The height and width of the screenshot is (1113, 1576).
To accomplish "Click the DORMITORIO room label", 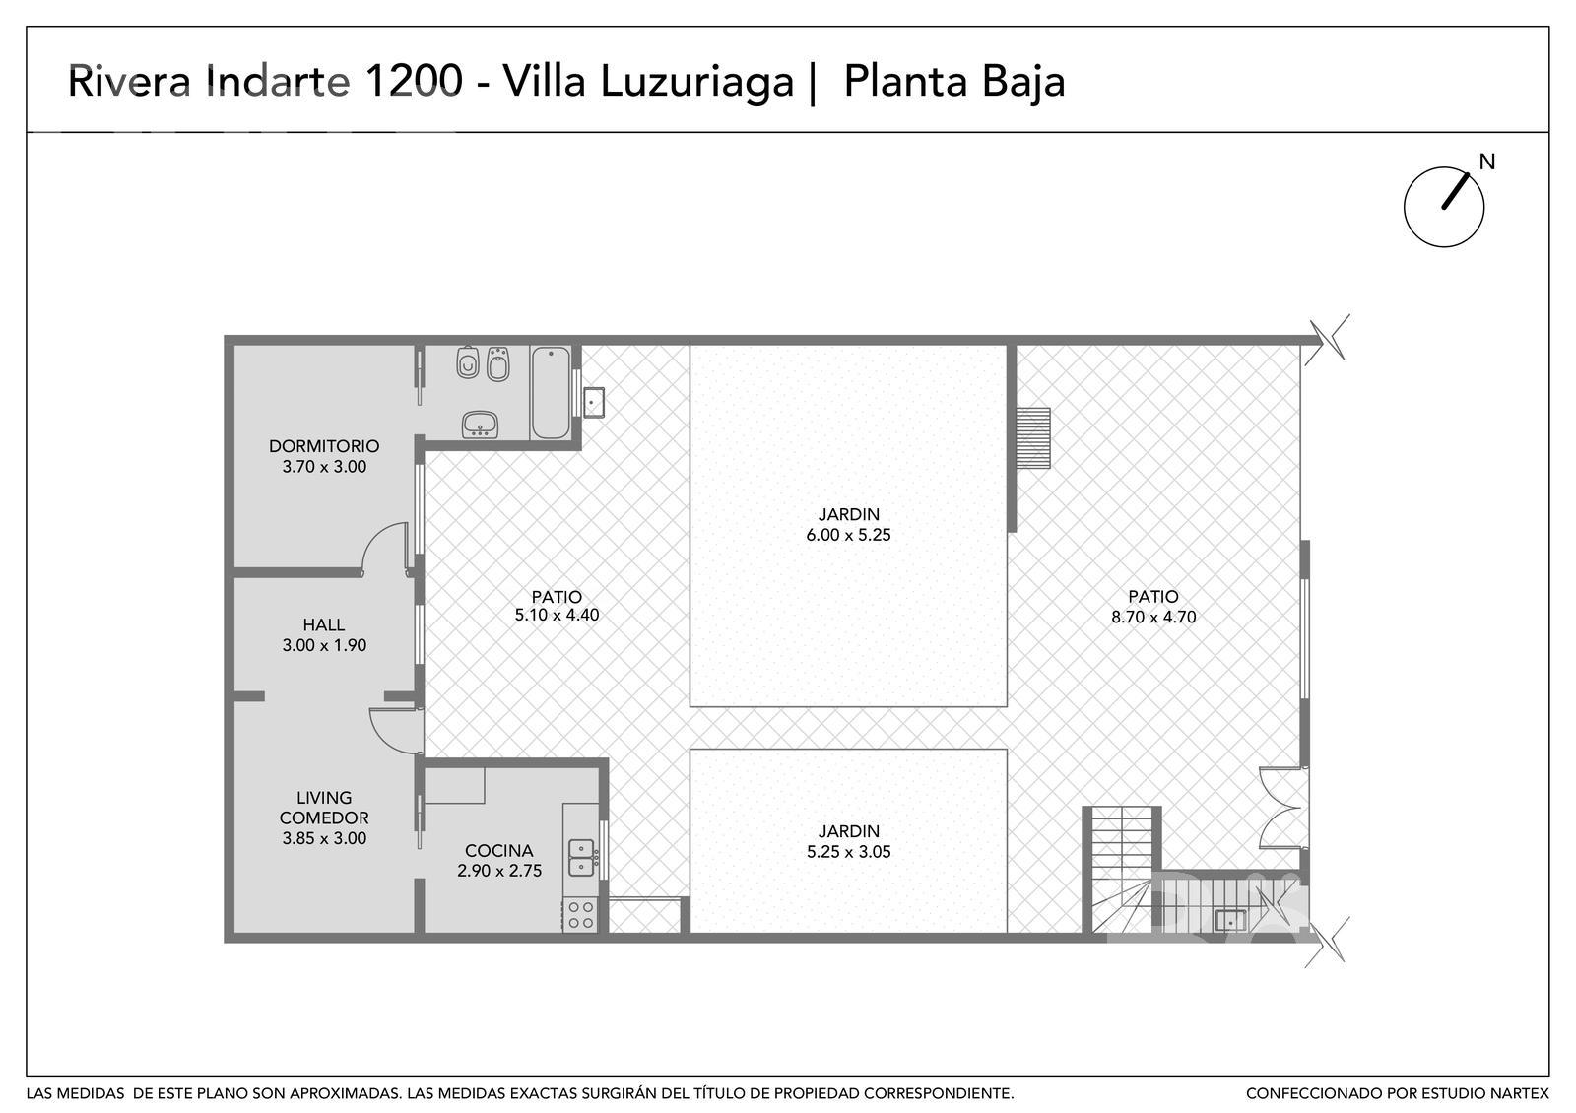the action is tap(324, 446).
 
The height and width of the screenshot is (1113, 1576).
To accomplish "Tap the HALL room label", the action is tap(324, 624).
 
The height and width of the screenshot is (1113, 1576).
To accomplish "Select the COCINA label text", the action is tap(498, 851).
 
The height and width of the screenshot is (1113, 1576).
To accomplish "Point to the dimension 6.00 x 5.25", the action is tap(848, 535).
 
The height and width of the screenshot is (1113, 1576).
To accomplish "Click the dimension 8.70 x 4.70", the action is tap(1153, 617).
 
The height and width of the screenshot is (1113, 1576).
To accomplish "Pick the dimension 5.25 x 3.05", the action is tap(848, 852).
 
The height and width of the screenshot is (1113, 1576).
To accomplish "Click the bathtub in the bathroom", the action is tap(551, 393).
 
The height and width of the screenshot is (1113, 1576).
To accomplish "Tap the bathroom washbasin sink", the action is tap(480, 425).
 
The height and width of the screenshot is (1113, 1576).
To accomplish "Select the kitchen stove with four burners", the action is tap(580, 915).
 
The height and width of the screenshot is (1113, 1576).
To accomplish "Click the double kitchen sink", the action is tap(581, 857).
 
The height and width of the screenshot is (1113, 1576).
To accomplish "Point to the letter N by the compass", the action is tap(1486, 163).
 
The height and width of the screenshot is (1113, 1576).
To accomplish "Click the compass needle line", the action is tap(1456, 191).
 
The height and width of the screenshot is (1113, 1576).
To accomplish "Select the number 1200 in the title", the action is tap(414, 80).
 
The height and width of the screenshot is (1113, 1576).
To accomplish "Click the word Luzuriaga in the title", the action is tap(697, 82).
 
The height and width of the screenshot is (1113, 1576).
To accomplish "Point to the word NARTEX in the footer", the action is tap(1520, 1094).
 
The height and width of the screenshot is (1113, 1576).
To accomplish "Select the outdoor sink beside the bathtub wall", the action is tap(593, 402).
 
